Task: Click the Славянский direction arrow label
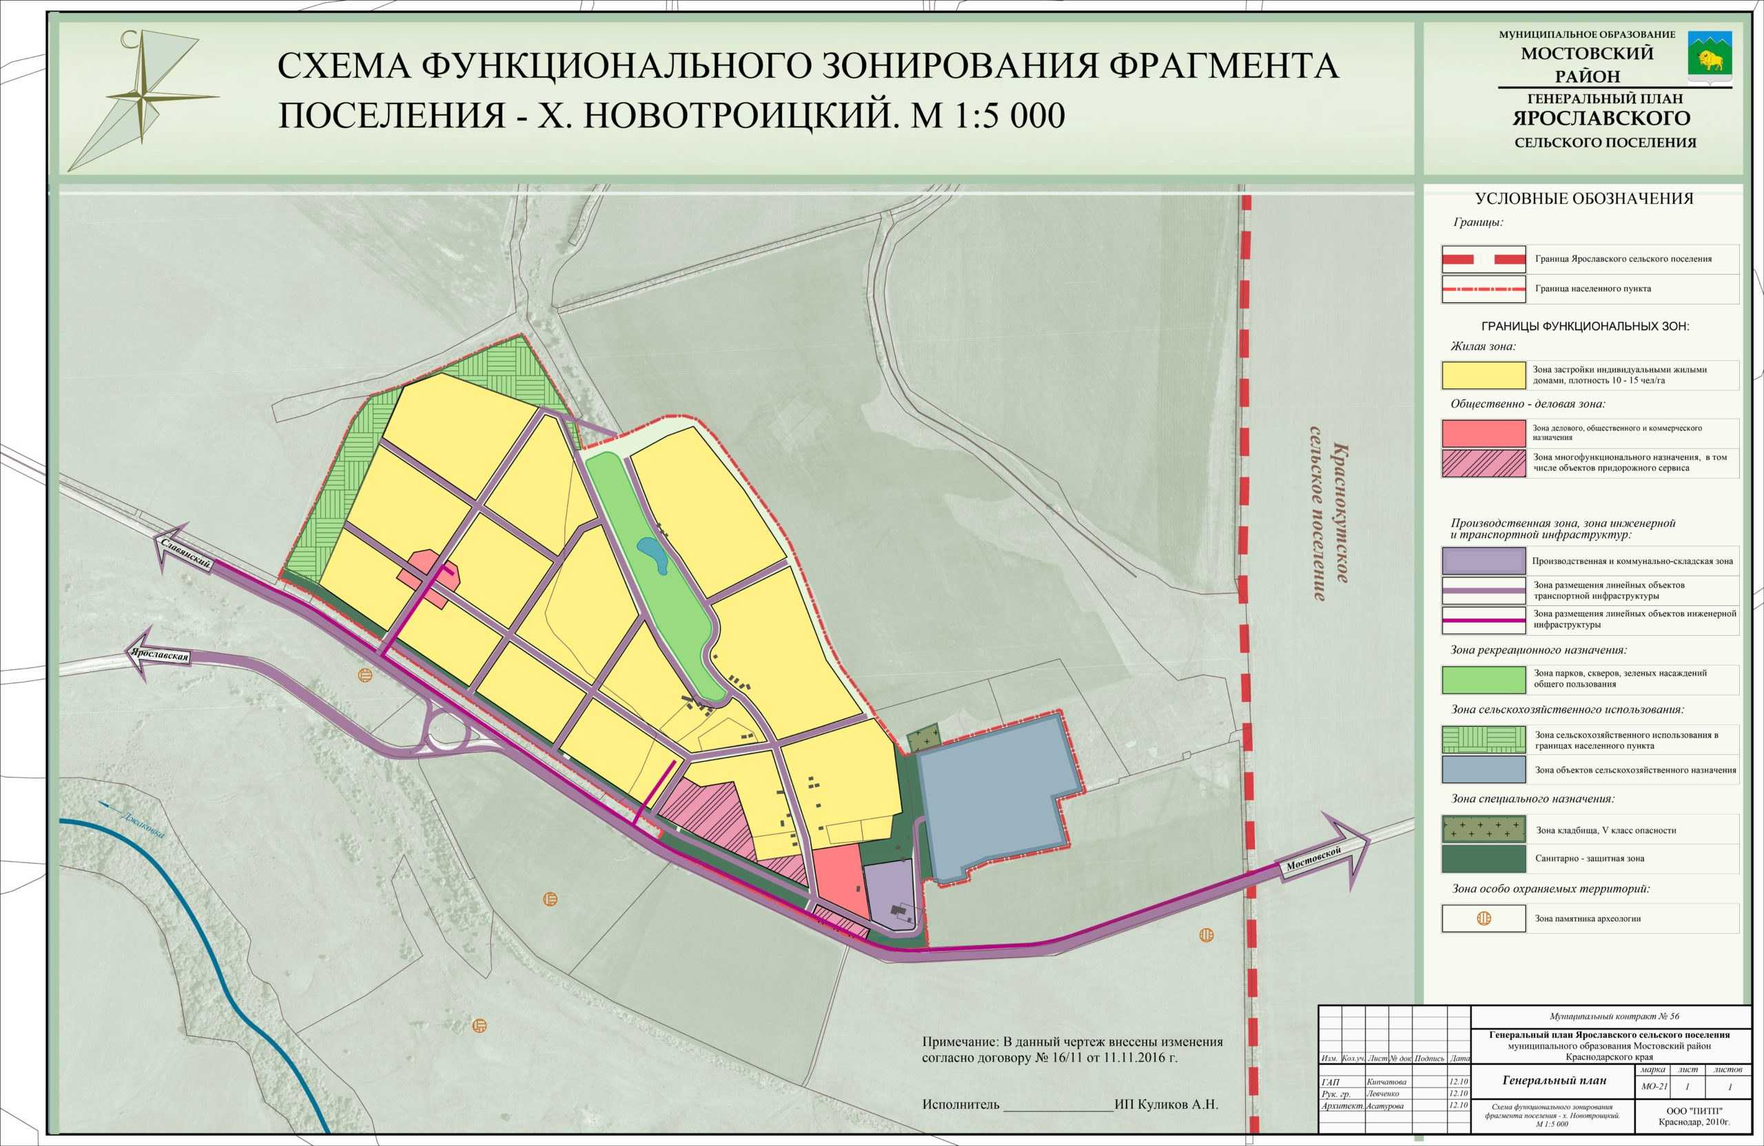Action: [x=185, y=552]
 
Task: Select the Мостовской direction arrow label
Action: [x=1315, y=860]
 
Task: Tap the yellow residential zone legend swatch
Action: [x=1483, y=375]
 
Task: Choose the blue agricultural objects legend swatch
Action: [x=1483, y=769]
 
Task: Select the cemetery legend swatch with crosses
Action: [x=1483, y=829]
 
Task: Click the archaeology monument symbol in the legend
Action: [x=1484, y=919]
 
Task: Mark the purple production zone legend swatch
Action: [x=1483, y=561]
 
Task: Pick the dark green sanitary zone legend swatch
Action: [x=1483, y=859]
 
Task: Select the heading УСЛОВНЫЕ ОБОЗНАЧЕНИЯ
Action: [x=1584, y=198]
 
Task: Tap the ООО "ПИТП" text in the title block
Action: [x=1694, y=1110]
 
